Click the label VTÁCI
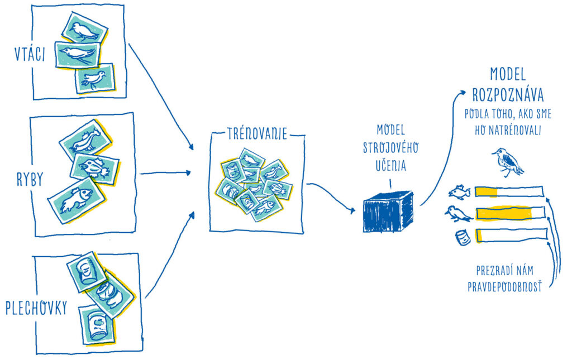pos(30,54)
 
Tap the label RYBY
pos(30,179)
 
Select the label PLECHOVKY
pos(36,308)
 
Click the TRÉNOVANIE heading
pos(257,134)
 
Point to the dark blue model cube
pos(388,212)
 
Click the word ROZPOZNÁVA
pos(508,95)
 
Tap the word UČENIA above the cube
pos(391,165)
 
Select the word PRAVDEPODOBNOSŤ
pos(504,287)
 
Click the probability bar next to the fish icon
pos(509,192)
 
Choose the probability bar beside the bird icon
pos(511,213)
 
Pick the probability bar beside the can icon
pos(512,235)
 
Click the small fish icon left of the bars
pos(459,192)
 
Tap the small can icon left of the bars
pos(463,238)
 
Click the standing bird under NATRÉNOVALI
pos(507,162)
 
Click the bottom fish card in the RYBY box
pos(77,200)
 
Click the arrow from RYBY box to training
pos(165,173)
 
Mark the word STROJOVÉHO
pos(390,147)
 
